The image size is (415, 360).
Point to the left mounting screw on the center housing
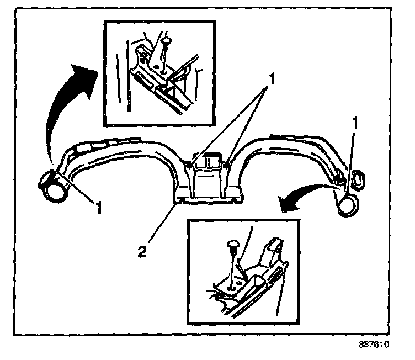(190, 164)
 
